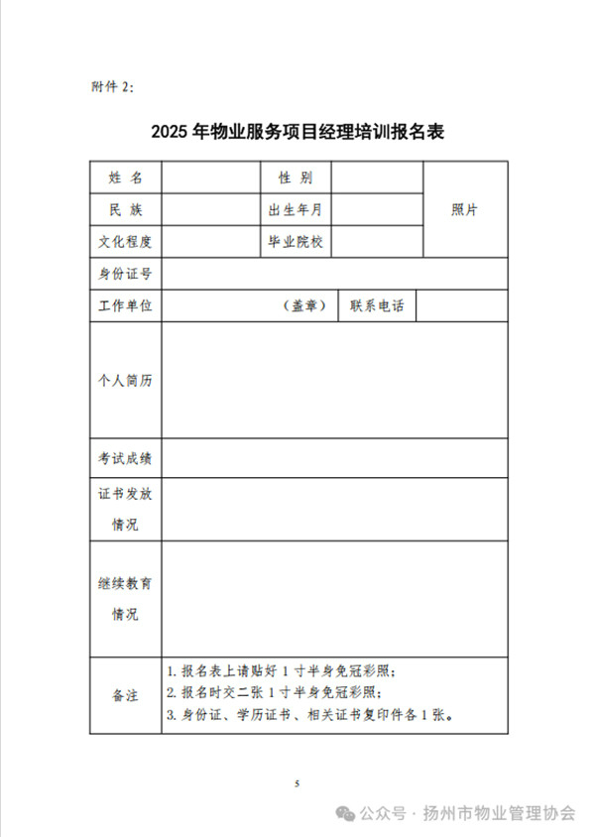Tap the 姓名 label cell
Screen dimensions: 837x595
pos(125,178)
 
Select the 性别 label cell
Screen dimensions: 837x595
pos(296,178)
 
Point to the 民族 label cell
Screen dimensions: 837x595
pos(125,209)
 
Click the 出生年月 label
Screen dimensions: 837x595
pos(296,209)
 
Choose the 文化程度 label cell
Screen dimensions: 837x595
pos(125,241)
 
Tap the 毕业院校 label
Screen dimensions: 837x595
pos(296,241)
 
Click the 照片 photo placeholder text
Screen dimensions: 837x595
pos(465,209)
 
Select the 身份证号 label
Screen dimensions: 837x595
pos(125,274)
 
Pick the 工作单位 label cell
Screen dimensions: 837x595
pos(125,306)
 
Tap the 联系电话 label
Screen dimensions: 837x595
pos(377,306)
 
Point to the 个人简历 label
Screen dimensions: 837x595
pos(125,381)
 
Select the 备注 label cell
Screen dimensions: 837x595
pos(125,695)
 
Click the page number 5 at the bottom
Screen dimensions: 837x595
pos(297,783)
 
